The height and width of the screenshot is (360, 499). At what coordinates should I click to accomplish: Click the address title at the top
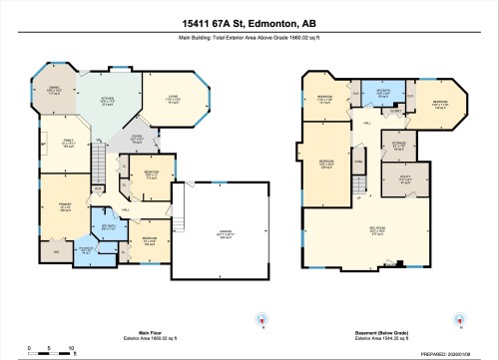(x=249, y=22)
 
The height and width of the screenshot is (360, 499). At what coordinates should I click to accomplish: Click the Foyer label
(x=140, y=140)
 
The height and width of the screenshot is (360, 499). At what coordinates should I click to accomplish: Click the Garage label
(x=214, y=235)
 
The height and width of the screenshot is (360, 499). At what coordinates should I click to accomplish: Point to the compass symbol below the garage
(x=260, y=320)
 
